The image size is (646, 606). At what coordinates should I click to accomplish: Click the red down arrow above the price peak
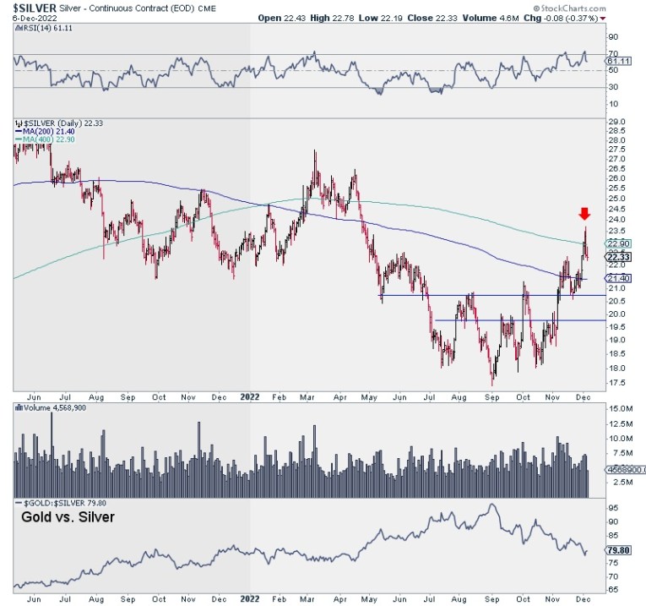(x=584, y=213)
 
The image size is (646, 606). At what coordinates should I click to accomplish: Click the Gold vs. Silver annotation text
(x=68, y=516)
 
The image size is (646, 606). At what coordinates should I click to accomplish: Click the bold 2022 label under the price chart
(x=251, y=395)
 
